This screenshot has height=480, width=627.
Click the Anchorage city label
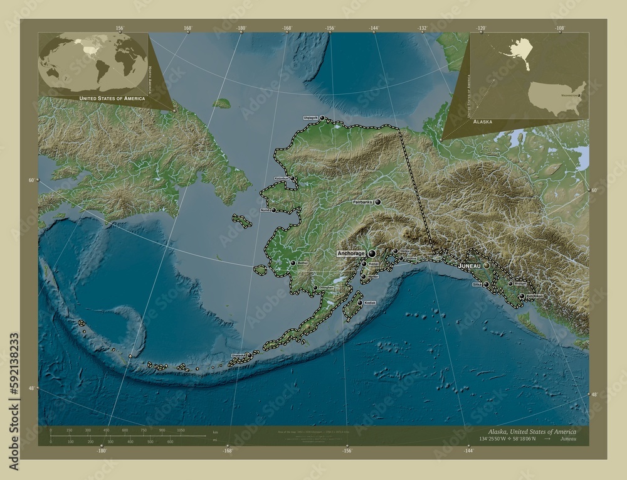click(350, 253)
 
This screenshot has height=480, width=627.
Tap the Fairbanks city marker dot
click(378, 202)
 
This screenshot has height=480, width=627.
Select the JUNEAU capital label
click(470, 266)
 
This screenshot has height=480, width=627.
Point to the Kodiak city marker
click(360, 302)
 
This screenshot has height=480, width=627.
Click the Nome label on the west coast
click(265, 210)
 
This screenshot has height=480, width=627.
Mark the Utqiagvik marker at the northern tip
click(322, 117)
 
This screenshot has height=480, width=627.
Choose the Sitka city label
click(476, 284)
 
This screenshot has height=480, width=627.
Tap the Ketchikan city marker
click(522, 296)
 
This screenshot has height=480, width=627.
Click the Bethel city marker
click(293, 263)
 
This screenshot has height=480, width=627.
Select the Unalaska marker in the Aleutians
click(249, 355)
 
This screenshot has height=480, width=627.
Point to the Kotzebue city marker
click(292, 179)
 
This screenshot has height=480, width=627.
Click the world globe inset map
click(93, 63)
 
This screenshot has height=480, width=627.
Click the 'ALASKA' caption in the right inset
click(483, 120)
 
